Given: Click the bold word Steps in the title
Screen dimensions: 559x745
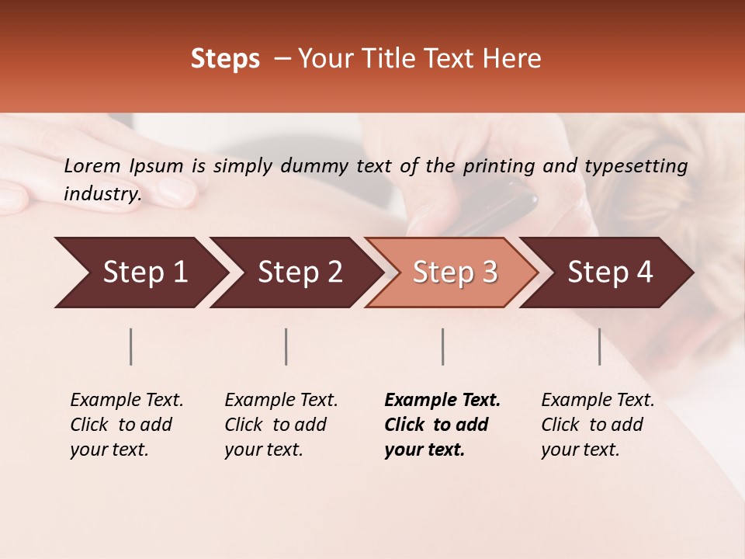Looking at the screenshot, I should (x=225, y=59).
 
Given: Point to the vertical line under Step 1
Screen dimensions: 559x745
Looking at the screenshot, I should (x=131, y=346).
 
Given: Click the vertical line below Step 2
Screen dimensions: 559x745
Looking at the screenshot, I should (x=286, y=346).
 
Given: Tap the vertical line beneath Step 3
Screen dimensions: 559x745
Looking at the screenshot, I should (x=442, y=346).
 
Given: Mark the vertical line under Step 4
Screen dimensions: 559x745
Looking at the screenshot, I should (x=599, y=346).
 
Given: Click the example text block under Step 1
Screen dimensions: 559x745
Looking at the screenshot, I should (x=126, y=425).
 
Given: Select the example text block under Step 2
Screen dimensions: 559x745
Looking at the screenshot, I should (x=281, y=425).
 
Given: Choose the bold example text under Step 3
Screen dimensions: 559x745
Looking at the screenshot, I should (x=442, y=425).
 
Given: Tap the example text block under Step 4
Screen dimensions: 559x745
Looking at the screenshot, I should (x=598, y=425).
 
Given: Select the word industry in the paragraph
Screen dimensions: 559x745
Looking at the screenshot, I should (x=102, y=193).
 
